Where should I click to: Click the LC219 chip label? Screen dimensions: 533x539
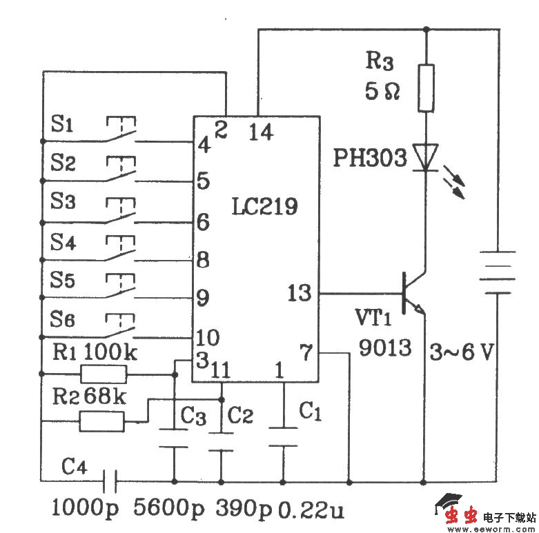point(265,206)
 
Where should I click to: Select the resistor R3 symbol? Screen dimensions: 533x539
point(427,88)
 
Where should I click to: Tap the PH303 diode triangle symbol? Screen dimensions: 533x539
point(427,157)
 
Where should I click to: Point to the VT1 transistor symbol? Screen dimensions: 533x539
point(412,293)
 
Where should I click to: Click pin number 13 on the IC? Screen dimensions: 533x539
point(300,294)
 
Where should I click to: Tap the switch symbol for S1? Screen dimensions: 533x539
point(121,130)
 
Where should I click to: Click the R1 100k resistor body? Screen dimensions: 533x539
point(104,374)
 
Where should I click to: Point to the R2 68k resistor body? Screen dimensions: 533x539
point(101,421)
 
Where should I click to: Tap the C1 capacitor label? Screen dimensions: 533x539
point(310,412)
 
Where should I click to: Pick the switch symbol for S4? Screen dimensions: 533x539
point(121,249)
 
